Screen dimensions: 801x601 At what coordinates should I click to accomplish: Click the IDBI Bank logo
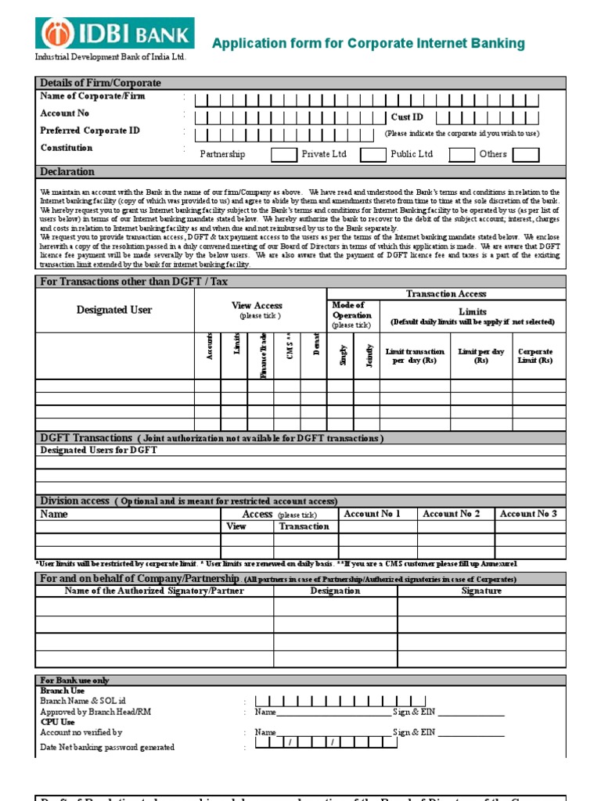(x=114, y=34)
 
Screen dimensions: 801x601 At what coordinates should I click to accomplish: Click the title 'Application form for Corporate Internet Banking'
(x=369, y=44)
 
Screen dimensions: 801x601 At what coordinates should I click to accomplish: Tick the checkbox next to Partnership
(x=283, y=154)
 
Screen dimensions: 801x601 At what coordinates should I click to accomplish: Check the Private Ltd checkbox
(x=372, y=154)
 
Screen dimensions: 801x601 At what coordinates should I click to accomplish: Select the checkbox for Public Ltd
(x=462, y=154)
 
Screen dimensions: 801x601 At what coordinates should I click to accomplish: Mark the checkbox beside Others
(x=526, y=154)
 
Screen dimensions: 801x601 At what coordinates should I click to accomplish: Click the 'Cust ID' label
(x=407, y=117)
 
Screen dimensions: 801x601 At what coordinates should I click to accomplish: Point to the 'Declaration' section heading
(x=67, y=172)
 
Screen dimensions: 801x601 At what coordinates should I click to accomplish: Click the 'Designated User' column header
(x=114, y=311)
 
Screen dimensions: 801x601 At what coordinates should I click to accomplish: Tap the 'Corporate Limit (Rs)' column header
(x=535, y=357)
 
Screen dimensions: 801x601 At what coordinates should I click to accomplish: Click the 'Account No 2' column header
(x=451, y=514)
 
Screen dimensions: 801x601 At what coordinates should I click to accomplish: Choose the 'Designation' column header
(x=335, y=591)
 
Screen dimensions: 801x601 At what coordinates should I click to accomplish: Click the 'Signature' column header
(x=481, y=591)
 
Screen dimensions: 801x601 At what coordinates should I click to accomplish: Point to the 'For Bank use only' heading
(x=75, y=681)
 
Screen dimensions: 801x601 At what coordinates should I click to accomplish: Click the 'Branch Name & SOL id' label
(x=83, y=701)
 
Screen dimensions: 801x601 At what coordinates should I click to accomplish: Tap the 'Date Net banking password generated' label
(x=107, y=748)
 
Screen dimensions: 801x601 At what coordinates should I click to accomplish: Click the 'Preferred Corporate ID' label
(x=90, y=131)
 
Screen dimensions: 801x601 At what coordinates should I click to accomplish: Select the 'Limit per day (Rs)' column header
(x=481, y=357)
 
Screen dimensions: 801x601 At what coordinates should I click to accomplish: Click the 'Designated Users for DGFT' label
(x=99, y=451)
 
